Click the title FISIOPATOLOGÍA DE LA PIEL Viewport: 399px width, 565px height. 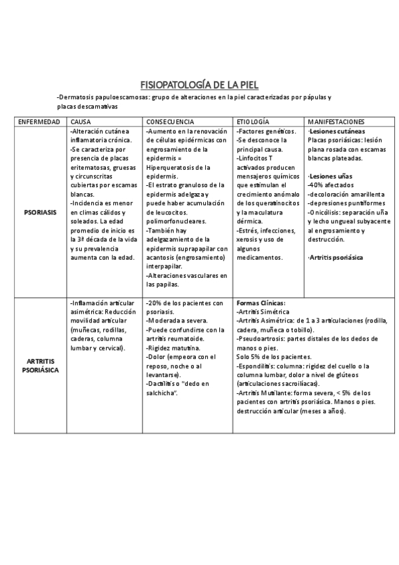coord(199,85)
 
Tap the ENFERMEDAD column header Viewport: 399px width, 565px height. coord(39,123)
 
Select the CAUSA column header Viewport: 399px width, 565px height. coord(81,123)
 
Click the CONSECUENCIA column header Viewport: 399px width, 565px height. coord(170,123)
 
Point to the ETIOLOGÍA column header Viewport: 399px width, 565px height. coord(253,123)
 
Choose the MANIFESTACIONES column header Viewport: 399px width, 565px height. coord(336,123)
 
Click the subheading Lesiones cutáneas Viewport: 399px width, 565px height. coord(337,132)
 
